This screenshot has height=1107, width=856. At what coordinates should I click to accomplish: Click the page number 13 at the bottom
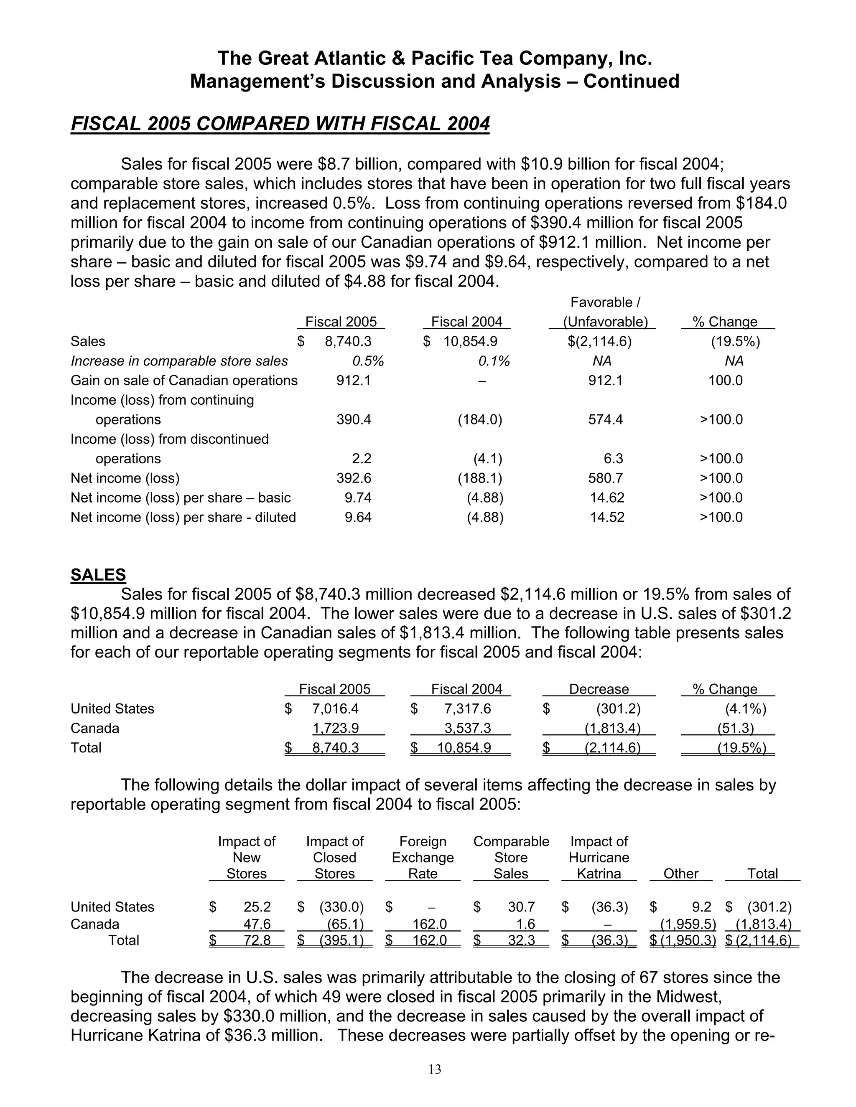[435, 1069]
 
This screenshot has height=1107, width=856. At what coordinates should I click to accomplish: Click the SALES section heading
[98, 575]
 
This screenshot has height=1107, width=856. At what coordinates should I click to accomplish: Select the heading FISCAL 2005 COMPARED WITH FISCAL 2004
[280, 124]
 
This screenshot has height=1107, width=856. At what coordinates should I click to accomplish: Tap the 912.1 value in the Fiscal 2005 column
[354, 381]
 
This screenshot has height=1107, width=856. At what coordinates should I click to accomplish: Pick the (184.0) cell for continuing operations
[480, 420]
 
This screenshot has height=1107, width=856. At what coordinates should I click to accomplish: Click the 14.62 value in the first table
[607, 498]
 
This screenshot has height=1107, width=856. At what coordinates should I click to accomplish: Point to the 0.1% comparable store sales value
[494, 361]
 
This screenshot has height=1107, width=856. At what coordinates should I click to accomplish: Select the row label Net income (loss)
[125, 478]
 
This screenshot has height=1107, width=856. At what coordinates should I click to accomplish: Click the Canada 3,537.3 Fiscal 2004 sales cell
[468, 729]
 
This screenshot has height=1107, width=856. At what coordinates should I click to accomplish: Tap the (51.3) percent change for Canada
[735, 729]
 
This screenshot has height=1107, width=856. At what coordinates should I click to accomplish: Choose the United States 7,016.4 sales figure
[335, 708]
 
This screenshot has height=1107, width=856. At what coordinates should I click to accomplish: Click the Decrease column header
[599, 689]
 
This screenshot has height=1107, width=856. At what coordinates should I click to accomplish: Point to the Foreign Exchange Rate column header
[423, 858]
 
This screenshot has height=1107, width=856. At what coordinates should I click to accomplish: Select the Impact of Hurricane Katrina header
[599, 858]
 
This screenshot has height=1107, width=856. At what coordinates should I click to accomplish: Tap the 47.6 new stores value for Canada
[257, 924]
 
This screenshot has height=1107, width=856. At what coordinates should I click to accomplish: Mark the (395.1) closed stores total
[341, 941]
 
